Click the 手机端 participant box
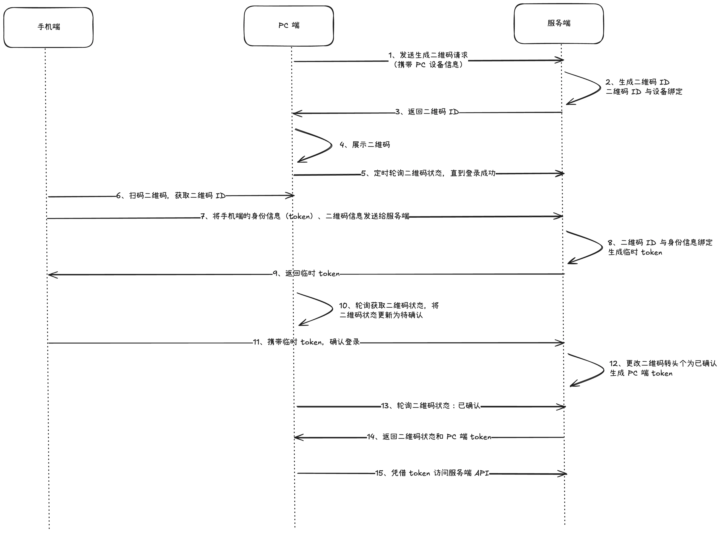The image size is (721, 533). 48,28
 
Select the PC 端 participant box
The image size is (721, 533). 289,26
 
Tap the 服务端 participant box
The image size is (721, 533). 559,23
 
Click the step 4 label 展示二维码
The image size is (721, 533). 365,145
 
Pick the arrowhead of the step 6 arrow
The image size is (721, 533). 292,195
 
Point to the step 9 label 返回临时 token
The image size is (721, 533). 306,274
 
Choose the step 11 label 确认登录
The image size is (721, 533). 306,342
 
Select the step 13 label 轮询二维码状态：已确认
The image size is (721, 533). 430,406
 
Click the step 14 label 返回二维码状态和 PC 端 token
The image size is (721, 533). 429,437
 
